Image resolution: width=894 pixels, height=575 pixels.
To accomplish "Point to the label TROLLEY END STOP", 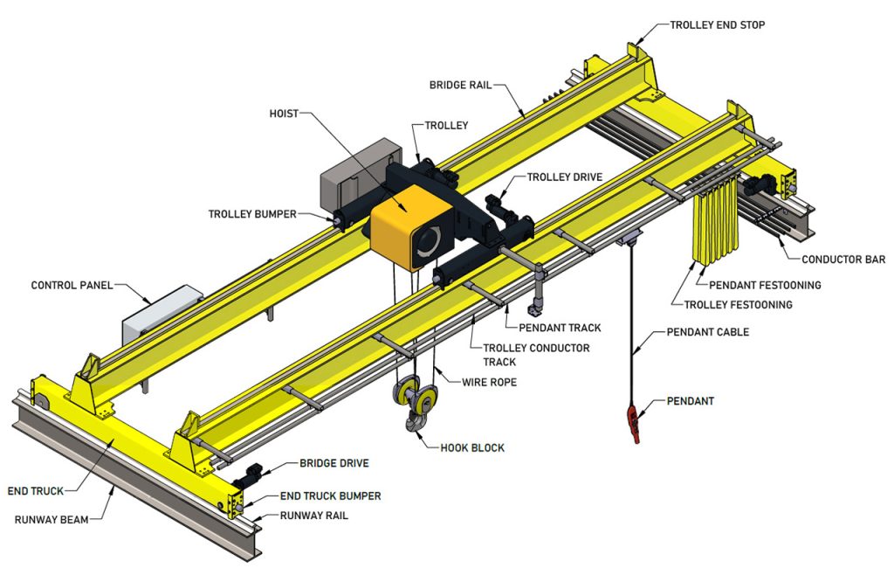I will tap(717, 25).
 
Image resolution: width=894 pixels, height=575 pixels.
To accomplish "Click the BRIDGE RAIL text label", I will tap(460, 86).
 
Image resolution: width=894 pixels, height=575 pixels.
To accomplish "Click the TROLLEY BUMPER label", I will tap(252, 214).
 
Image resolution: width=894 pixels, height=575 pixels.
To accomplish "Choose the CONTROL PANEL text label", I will tap(72, 285).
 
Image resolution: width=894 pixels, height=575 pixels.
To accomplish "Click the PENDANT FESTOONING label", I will tap(765, 285).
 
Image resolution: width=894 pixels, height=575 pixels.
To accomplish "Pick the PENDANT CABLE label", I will tap(707, 332).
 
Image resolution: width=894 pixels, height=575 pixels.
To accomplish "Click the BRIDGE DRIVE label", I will tap(334, 462).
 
